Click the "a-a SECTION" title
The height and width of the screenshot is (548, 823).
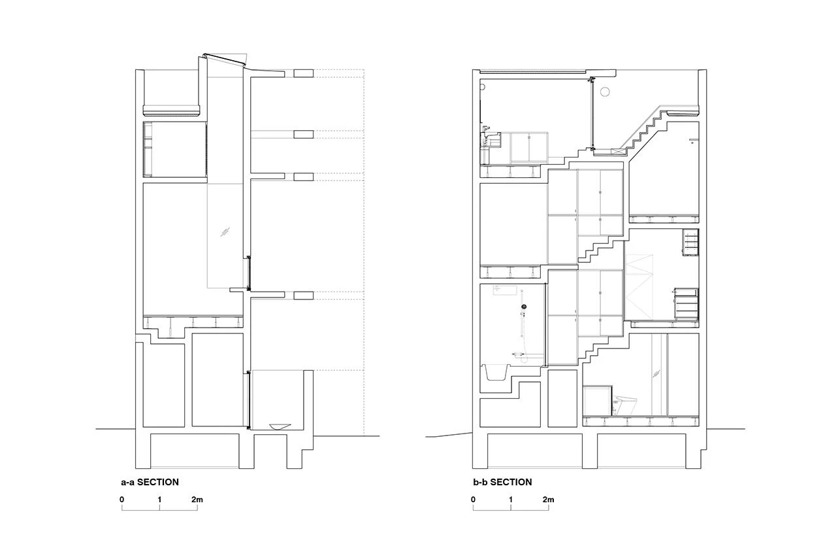150,482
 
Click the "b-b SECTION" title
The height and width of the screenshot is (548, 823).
502,482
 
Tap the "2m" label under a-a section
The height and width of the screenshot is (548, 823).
197,500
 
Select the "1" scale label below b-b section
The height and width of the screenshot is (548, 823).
511,500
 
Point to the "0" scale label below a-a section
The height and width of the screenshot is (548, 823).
122,500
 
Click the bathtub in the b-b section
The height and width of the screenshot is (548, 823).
496,373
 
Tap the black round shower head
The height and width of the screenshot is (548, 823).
524,306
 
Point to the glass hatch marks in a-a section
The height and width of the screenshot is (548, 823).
225,231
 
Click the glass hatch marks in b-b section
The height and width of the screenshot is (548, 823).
656,373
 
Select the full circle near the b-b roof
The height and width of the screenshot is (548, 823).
605,92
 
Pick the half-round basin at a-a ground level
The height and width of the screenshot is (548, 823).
280,426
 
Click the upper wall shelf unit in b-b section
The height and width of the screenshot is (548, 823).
690,242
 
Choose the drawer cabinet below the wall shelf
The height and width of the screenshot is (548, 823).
686,304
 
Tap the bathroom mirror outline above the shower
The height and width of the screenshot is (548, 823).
505,290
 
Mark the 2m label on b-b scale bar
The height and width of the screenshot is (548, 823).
548,500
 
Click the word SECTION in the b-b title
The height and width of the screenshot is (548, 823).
511,482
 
